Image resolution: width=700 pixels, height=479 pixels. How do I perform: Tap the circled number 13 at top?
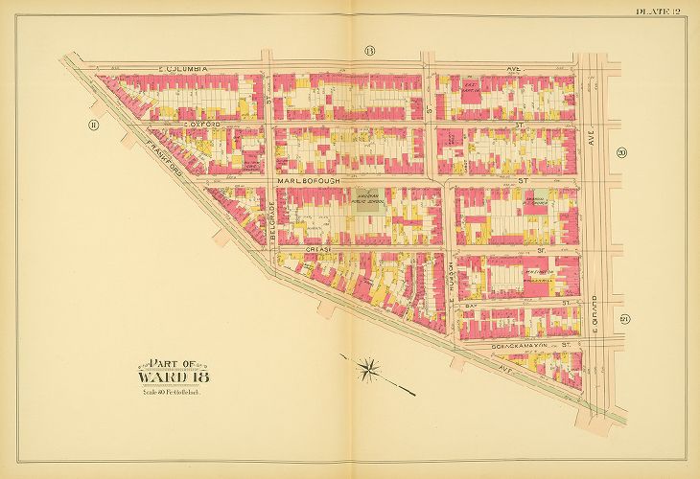pyautogui.click(x=368, y=49)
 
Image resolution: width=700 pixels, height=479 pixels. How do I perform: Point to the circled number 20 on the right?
pyautogui.click(x=621, y=151)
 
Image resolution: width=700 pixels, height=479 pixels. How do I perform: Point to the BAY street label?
pyautogui.click(x=471, y=305)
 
